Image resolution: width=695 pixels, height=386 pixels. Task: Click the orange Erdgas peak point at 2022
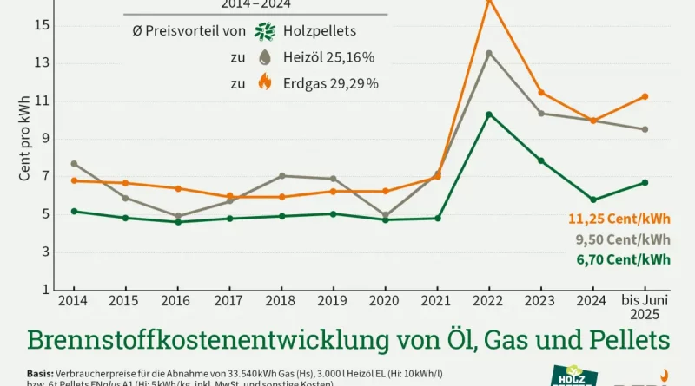pyautogui.click(x=488, y=3)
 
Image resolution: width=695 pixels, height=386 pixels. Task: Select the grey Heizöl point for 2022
pyautogui.click(x=488, y=53)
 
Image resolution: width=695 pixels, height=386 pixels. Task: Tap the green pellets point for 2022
pyautogui.click(x=488, y=114)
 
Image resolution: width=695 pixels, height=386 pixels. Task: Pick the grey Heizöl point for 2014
pyautogui.click(x=74, y=163)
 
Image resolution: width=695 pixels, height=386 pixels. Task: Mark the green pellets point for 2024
pyautogui.click(x=593, y=200)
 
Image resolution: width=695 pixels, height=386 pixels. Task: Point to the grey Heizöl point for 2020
pyautogui.click(x=385, y=215)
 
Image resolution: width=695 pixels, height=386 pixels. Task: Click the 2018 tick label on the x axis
pyautogui.click(x=281, y=300)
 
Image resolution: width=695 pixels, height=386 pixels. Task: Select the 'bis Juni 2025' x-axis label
pyautogui.click(x=645, y=306)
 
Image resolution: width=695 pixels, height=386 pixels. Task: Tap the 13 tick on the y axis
pyautogui.click(x=42, y=63)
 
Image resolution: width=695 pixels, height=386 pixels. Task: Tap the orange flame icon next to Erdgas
pyautogui.click(x=266, y=83)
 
